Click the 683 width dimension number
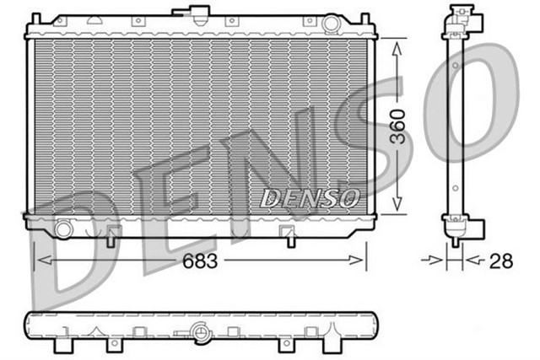[200, 261]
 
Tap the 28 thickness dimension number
[501, 261]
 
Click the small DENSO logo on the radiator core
[310, 198]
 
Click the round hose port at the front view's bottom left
[63, 228]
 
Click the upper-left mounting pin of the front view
[36, 17]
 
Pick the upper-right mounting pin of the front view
[364, 17]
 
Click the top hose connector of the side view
[461, 18]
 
